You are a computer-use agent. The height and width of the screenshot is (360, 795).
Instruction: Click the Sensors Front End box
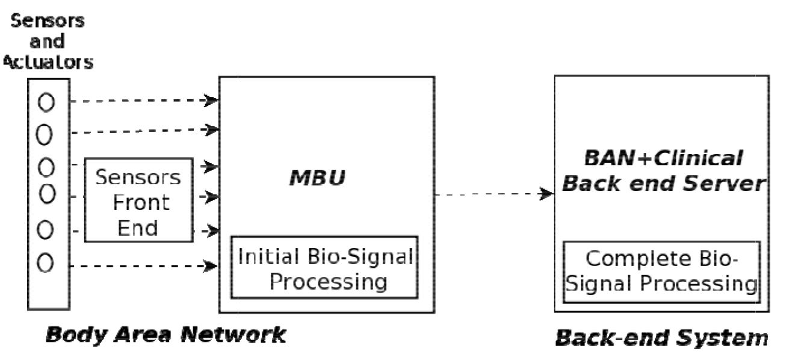coord(138,200)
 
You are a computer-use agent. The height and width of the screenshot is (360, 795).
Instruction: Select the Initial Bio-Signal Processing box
coord(326,267)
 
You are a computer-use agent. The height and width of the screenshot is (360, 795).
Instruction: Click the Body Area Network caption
coord(166,335)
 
